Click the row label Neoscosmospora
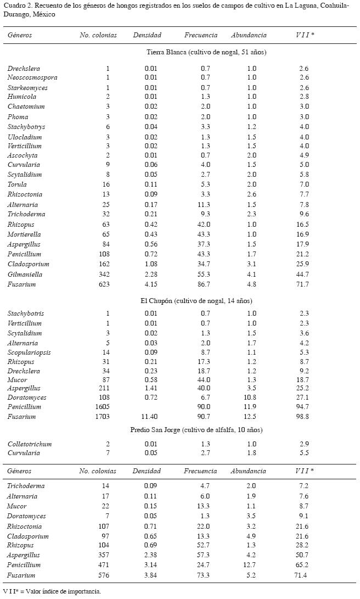click(32, 77)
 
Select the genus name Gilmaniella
click(25, 274)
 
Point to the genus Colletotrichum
click(31, 443)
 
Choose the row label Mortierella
click(26, 234)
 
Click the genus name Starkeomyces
click(27, 88)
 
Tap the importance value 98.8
click(303, 417)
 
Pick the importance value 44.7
click(303, 274)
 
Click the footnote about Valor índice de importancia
click(52, 591)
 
